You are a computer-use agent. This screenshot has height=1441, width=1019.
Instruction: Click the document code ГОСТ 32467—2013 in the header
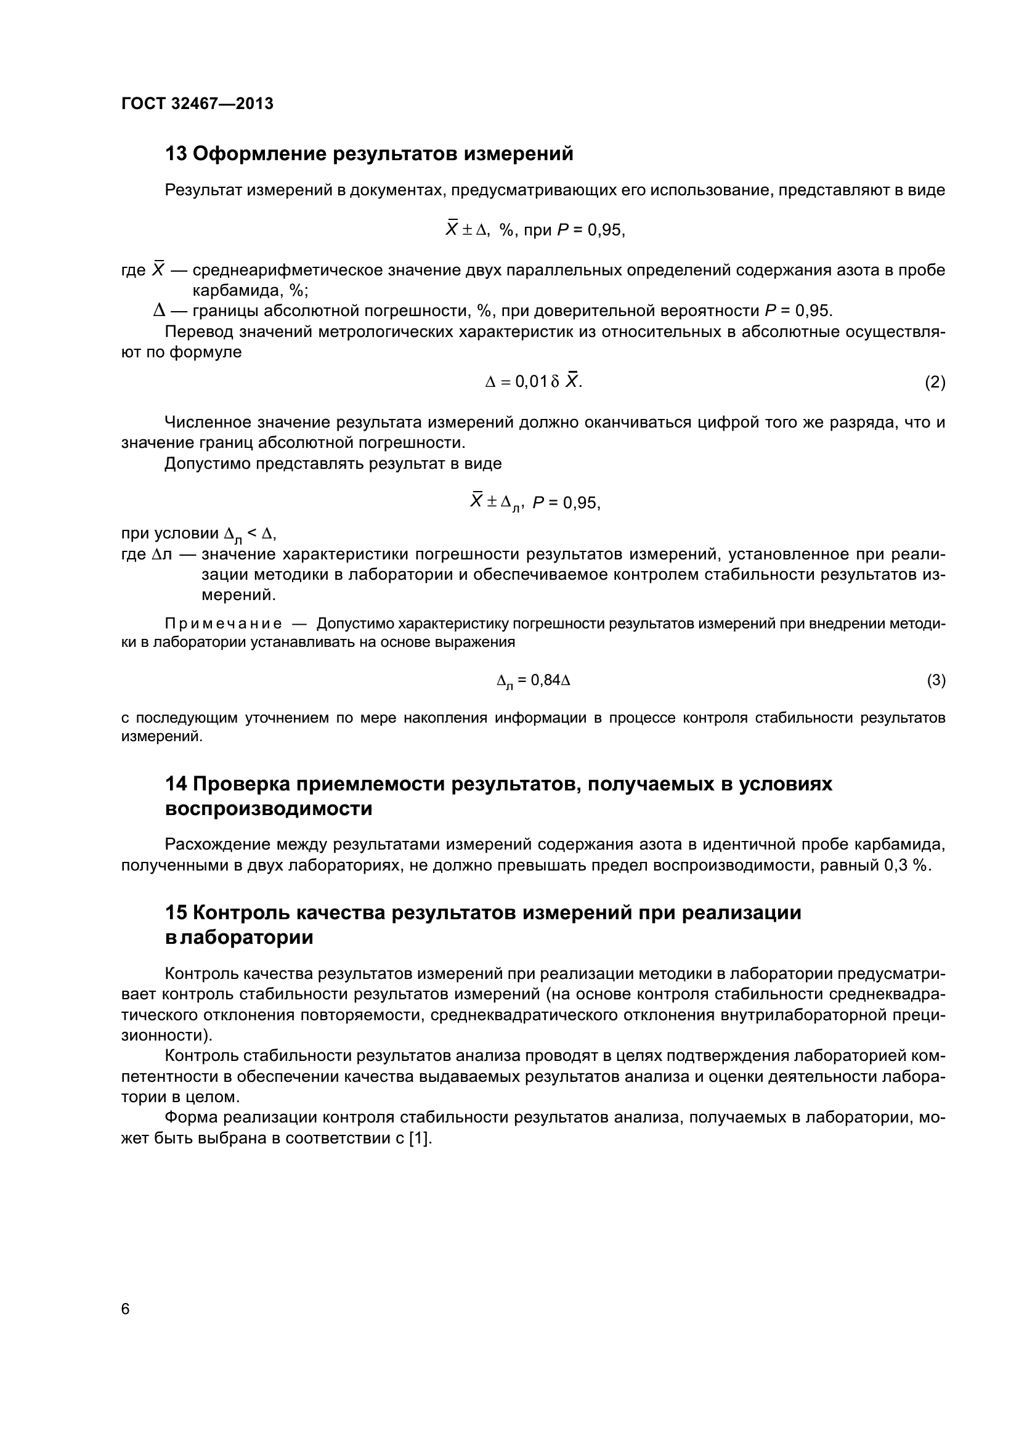(x=197, y=104)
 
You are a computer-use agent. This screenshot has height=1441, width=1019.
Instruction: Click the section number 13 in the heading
(x=176, y=154)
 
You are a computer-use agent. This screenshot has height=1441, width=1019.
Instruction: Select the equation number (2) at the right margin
(x=935, y=382)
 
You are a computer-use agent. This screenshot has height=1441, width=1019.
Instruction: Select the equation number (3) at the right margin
(x=936, y=680)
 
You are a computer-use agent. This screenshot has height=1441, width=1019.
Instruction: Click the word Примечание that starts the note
(x=223, y=624)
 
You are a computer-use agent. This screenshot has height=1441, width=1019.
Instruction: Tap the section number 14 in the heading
(x=176, y=784)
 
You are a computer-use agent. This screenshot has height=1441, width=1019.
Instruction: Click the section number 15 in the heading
(x=176, y=912)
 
